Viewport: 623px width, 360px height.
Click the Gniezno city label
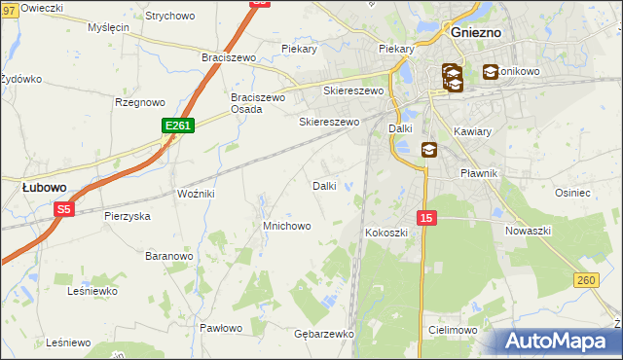click(477, 32)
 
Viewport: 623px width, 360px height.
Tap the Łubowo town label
click(45, 186)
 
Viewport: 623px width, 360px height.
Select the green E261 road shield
click(178, 126)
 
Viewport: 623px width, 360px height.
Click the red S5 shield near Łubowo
click(64, 208)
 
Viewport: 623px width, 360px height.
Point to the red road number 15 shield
click(426, 218)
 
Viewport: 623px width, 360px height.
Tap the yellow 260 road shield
click(585, 280)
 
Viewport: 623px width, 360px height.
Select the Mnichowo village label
click(286, 226)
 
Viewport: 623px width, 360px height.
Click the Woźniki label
click(196, 194)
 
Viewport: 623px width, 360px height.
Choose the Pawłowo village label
click(221, 328)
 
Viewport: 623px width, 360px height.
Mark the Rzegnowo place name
click(139, 101)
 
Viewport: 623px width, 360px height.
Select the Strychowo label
click(169, 17)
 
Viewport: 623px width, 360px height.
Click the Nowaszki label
click(529, 231)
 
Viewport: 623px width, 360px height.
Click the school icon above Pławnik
click(429, 150)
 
